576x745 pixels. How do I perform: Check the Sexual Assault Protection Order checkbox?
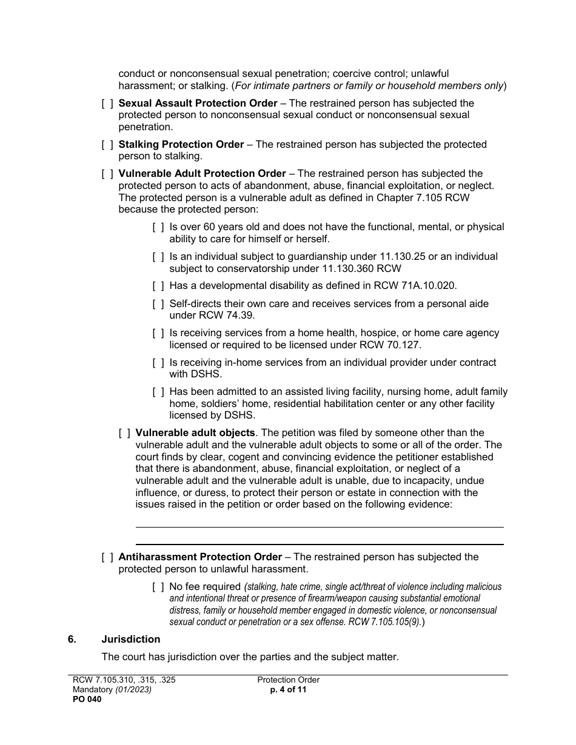coord(107,104)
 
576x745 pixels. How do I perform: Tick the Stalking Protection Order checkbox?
coord(107,145)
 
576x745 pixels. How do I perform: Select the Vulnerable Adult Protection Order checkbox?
coord(107,174)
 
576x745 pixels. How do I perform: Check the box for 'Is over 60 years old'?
coord(158,227)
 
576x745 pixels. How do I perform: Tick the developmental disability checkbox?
coord(158,286)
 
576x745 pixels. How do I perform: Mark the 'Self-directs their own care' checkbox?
coord(158,303)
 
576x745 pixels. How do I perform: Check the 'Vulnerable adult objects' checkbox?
coord(124,433)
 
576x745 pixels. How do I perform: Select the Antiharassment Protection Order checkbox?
coord(107,557)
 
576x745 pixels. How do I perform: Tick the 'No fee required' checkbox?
coord(158,586)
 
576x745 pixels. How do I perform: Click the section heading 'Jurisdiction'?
coord(131,639)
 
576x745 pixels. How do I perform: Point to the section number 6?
coord(72,639)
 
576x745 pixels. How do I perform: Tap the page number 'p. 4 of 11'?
coord(288,689)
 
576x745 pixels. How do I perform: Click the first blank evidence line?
coord(319,526)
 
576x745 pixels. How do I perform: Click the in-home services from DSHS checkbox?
coord(158,362)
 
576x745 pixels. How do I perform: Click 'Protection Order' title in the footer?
coord(288,680)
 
